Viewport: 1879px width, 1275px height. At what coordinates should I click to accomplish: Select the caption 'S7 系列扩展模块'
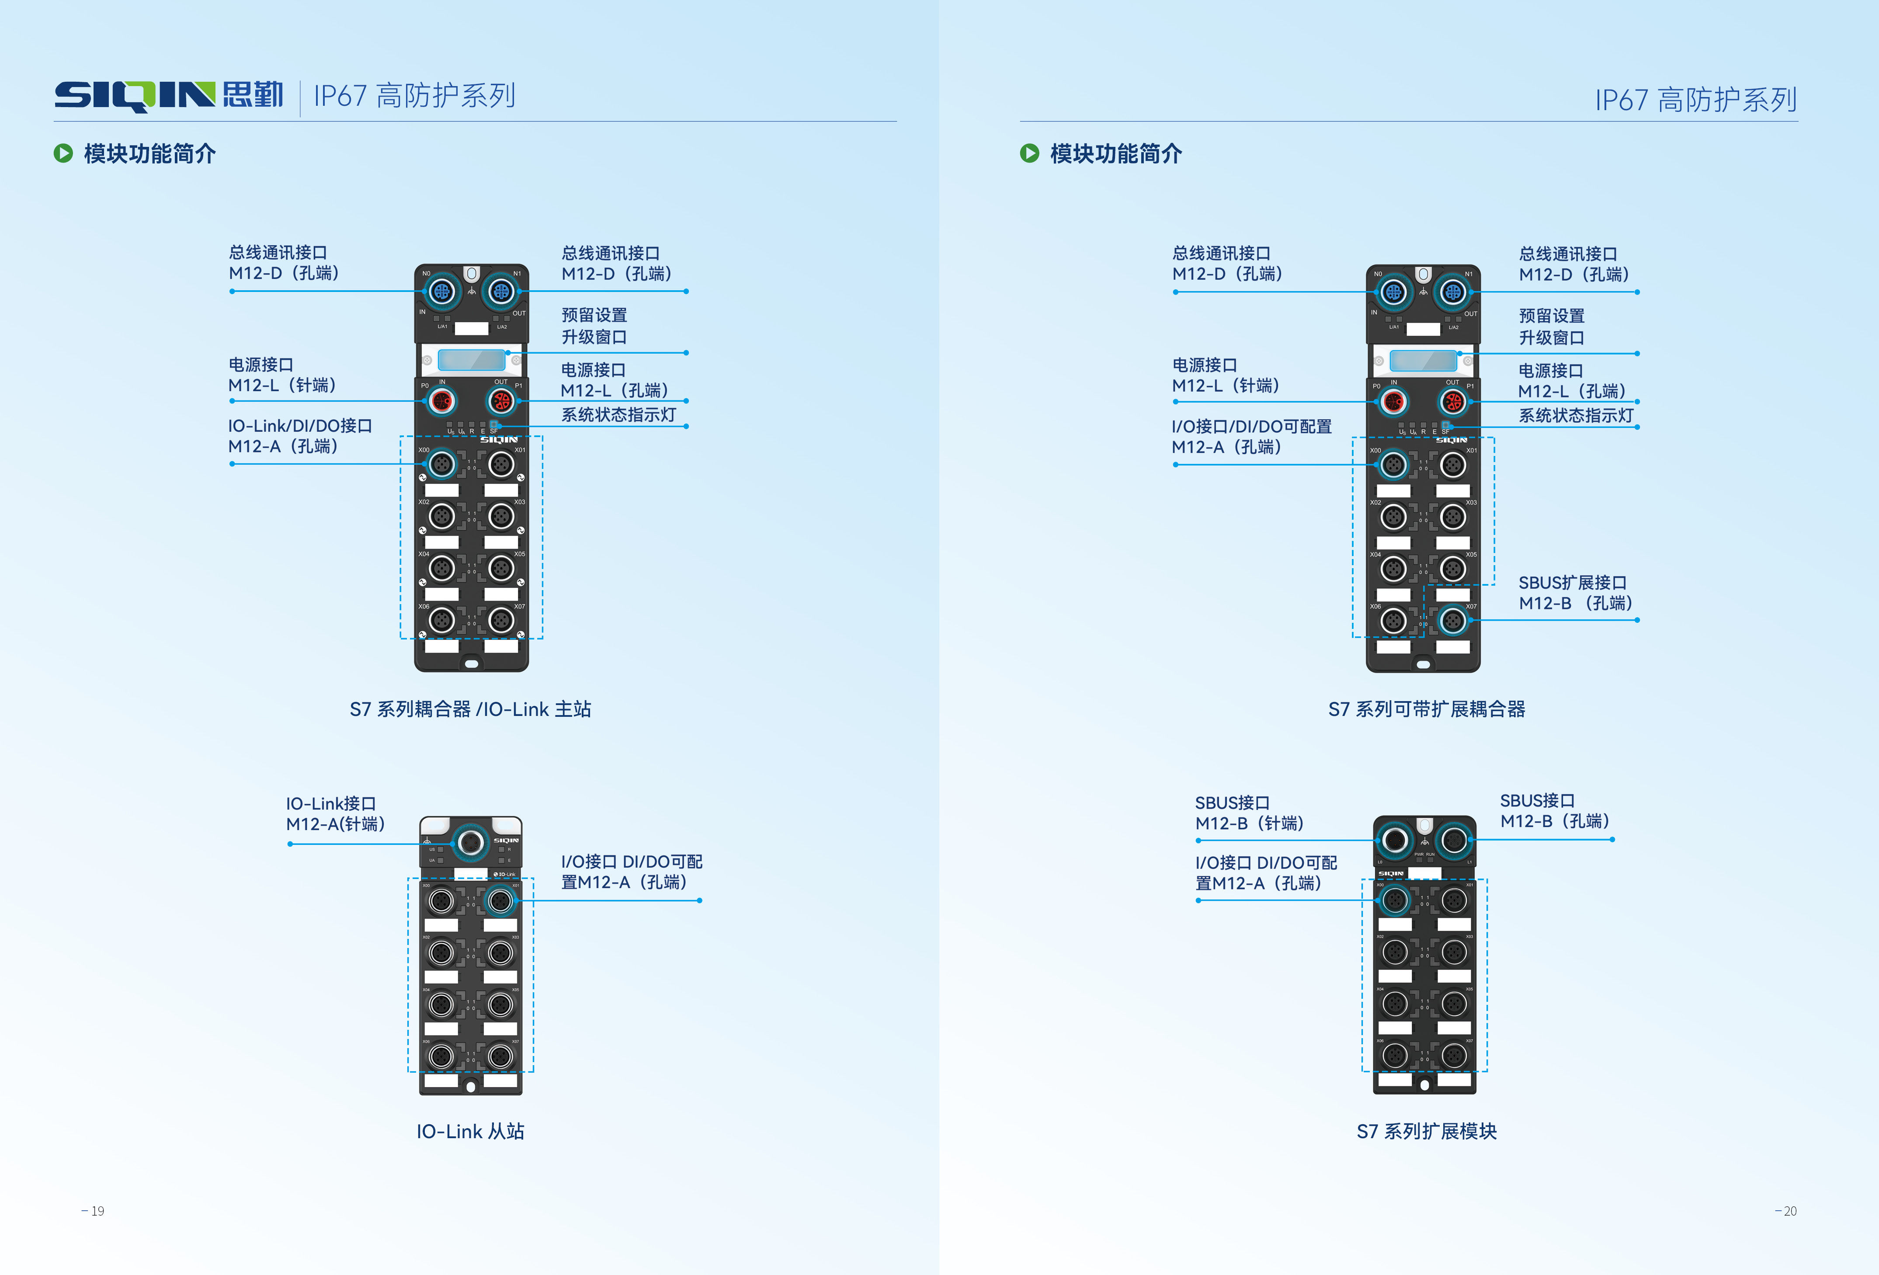click(1426, 1131)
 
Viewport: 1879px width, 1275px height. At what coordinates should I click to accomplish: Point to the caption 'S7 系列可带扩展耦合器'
click(1426, 709)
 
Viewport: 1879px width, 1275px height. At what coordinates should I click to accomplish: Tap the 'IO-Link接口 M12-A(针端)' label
click(335, 813)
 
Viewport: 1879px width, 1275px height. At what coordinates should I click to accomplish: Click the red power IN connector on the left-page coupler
click(441, 400)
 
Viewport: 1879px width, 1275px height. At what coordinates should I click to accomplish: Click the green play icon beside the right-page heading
click(1029, 153)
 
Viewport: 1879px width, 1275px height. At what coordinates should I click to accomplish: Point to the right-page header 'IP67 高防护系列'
click(1695, 100)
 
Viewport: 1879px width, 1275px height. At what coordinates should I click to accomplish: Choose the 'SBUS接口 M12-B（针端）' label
click(1249, 813)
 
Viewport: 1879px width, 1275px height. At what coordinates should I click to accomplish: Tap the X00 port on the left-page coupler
click(441, 464)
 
